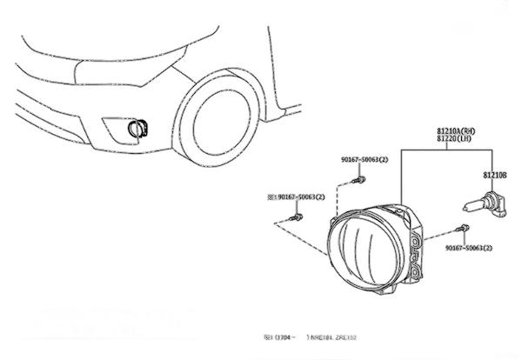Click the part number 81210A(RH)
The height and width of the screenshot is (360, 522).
455,129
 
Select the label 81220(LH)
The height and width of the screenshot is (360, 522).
454,137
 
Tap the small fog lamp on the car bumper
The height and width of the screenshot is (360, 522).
136,130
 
